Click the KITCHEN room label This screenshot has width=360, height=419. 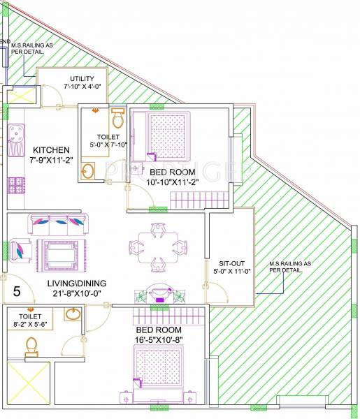[x=50, y=150]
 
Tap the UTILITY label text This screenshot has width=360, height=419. [x=82, y=78]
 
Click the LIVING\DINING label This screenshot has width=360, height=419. [x=77, y=283]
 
